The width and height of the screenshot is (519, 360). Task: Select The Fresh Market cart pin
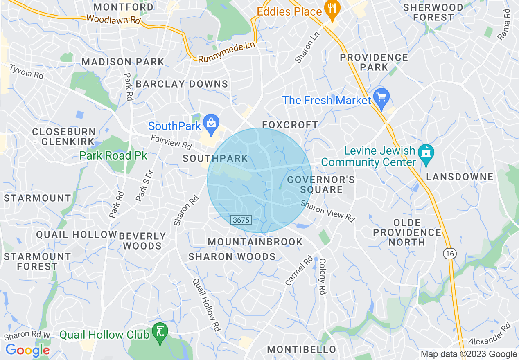click(x=382, y=99)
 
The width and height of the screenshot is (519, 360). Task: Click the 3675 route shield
click(x=241, y=220)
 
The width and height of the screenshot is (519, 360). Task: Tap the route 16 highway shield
click(x=450, y=254)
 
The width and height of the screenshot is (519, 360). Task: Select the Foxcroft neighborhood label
click(x=290, y=125)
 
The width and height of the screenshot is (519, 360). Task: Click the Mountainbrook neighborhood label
click(x=255, y=242)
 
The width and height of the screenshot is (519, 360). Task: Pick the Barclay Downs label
click(x=182, y=84)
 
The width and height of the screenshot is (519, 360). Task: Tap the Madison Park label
click(x=123, y=62)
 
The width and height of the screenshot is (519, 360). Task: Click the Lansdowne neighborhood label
click(x=460, y=177)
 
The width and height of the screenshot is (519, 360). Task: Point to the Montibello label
click(x=302, y=350)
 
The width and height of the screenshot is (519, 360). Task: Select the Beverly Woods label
click(x=142, y=241)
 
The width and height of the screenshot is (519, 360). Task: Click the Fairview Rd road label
click(x=171, y=142)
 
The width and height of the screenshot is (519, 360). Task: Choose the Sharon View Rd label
click(x=327, y=211)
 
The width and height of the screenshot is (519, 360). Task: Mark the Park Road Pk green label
click(x=113, y=156)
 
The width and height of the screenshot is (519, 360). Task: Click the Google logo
click(x=27, y=350)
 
